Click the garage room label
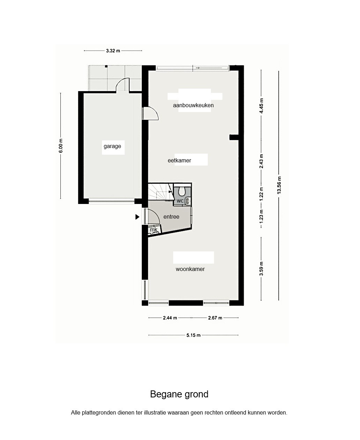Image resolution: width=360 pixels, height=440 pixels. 112,146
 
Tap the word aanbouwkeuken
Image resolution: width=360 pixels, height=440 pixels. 193,105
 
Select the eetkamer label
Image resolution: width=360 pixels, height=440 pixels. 179,160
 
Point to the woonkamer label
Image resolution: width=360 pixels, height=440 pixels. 190,269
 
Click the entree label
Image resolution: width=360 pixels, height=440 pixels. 171,217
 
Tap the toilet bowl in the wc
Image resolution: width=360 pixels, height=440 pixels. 182,191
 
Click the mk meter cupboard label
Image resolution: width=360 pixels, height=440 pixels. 154,229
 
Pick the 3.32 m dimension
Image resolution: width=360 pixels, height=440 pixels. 113,51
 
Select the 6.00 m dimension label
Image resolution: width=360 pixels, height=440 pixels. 60,146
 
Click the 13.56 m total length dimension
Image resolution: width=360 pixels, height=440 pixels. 279,185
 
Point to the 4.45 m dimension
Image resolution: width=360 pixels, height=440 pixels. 261,105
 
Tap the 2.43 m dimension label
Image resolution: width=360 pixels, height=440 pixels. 261,161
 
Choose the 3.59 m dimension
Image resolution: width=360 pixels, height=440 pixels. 261,269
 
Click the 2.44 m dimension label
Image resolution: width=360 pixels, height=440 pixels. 170,318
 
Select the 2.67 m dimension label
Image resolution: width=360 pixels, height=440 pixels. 215,318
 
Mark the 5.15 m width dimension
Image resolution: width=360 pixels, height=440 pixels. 193,335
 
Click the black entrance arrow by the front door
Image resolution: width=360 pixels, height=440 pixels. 137,217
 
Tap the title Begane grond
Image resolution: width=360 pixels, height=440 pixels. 179,394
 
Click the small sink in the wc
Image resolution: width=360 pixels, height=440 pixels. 188,201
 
